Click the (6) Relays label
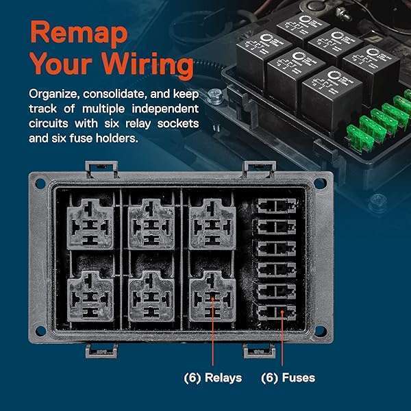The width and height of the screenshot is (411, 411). click(x=213, y=377)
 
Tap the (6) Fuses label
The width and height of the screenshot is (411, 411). click(x=288, y=377)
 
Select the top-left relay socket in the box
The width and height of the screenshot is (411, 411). click(x=90, y=223)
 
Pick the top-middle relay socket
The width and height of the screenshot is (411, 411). click(x=150, y=223)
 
